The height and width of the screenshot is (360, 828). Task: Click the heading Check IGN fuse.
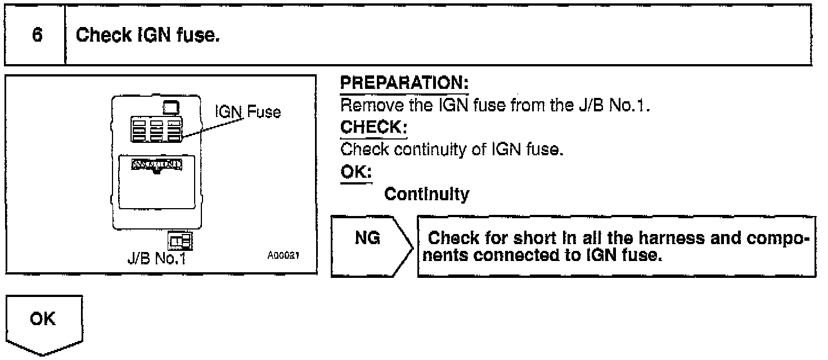147,36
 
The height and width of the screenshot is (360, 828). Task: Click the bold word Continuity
426,194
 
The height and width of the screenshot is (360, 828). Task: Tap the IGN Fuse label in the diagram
248,112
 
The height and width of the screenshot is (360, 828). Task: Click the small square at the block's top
170,106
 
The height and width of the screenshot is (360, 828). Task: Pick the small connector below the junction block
181,241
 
